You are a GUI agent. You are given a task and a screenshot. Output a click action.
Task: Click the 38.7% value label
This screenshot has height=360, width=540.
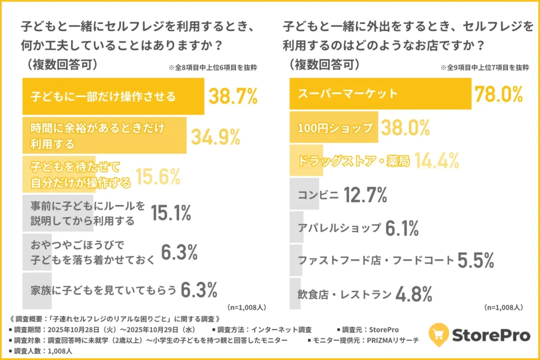[233, 96]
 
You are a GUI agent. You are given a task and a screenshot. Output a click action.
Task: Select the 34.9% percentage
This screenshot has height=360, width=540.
[215, 137]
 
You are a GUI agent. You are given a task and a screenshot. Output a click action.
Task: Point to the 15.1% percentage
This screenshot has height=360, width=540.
[171, 213]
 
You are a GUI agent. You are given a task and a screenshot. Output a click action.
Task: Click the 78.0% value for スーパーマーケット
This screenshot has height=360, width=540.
[498, 94]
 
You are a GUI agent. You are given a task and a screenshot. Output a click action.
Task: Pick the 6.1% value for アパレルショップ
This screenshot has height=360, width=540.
[402, 228]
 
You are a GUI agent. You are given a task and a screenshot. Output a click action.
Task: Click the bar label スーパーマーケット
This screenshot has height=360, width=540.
[349, 94]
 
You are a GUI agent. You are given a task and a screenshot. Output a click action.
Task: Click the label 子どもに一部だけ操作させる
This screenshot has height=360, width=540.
[103, 97]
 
